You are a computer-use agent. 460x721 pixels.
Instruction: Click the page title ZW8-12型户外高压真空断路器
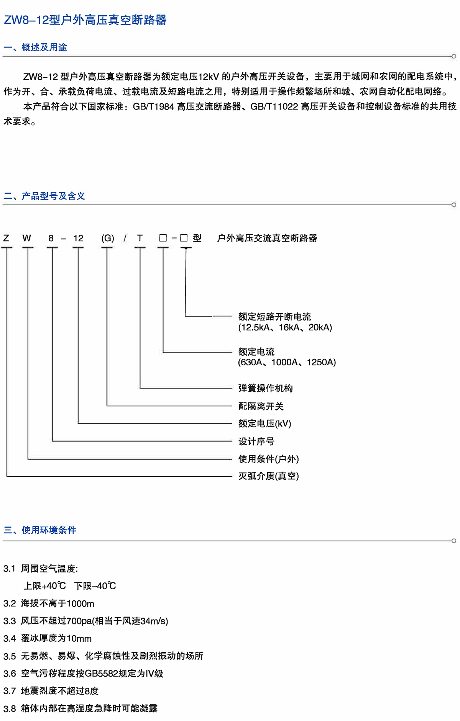pos(85,20)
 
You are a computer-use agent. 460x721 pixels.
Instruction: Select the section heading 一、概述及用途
pos(35,47)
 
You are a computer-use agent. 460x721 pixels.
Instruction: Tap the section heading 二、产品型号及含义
pos(44,196)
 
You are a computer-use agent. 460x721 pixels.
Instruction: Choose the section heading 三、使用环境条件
pos(40,530)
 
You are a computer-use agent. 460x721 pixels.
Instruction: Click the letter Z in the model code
pos(6,238)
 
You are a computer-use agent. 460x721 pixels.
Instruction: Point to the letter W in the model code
pos(26,238)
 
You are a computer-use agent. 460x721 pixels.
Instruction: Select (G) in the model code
pos(108,238)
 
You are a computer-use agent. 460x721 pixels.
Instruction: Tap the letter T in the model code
pos(140,238)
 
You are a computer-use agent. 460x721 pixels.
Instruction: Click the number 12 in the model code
pos(78,238)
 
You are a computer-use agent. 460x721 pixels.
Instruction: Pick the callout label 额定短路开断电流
pos(274,317)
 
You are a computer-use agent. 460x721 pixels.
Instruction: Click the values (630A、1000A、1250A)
pos(287,362)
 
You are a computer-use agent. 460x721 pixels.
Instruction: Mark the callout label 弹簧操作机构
pos(265,388)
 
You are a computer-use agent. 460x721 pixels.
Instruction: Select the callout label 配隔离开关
pos(261,406)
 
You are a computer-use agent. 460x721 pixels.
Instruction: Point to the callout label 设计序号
pos(256,441)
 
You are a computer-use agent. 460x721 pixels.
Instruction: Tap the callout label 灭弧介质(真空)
pos(268,476)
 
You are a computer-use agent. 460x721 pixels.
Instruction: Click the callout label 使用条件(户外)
pos(268,459)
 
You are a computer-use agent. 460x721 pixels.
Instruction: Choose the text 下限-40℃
pos(95,586)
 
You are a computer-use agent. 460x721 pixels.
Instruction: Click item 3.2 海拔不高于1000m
pos(49,603)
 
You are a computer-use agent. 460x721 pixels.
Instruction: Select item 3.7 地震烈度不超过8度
pos(51,691)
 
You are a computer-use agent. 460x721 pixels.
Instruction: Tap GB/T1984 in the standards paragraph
pos(153,106)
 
